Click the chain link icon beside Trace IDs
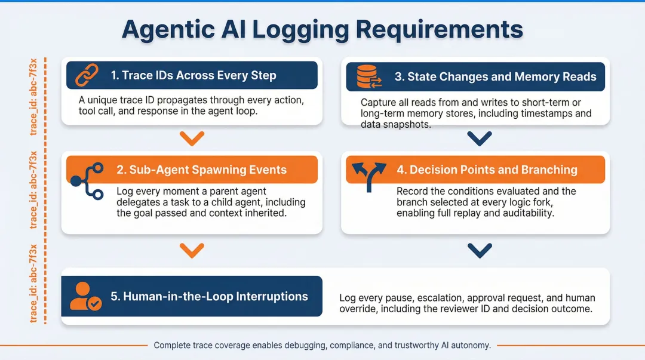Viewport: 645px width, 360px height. [x=86, y=76]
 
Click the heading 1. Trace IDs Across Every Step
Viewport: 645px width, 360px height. [x=193, y=75]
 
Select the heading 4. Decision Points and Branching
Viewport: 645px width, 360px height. [x=487, y=170]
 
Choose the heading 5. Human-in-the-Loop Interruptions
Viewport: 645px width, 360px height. [x=209, y=296]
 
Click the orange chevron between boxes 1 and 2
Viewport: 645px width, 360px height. [x=192, y=139]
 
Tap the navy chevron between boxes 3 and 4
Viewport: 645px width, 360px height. [x=479, y=139]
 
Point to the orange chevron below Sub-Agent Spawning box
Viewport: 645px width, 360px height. [x=192, y=250]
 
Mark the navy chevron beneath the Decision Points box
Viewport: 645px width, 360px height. [x=479, y=250]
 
